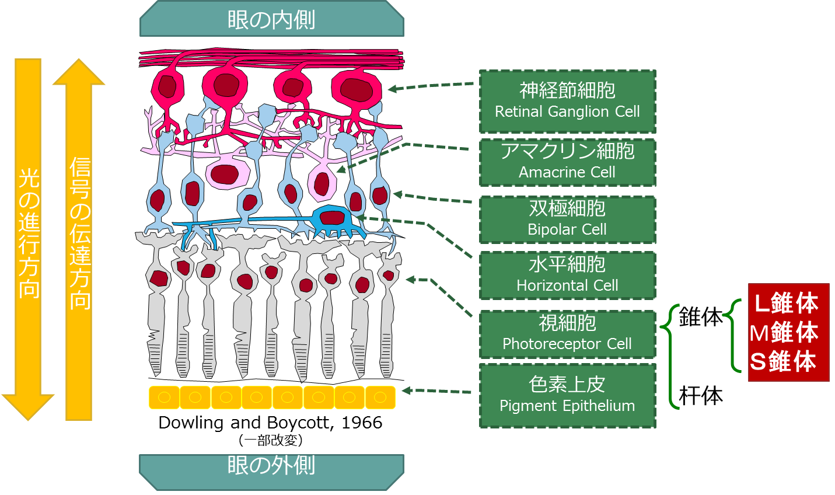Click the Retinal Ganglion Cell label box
tap(567, 102)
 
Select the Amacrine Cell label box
tap(567, 162)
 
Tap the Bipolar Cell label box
tap(567, 219)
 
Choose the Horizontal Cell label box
tap(567, 276)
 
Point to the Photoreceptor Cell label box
tap(567, 334)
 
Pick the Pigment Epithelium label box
tap(567, 395)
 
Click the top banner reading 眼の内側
tap(271, 19)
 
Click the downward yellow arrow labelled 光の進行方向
tap(29, 233)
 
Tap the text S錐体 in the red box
tap(783, 362)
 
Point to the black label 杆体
tap(701, 396)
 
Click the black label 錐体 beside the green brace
tap(700, 317)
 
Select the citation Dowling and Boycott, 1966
tap(270, 423)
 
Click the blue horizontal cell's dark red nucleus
tap(332, 218)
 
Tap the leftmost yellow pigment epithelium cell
tap(165, 398)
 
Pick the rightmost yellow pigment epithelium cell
tap(380, 398)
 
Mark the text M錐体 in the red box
tap(784, 333)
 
